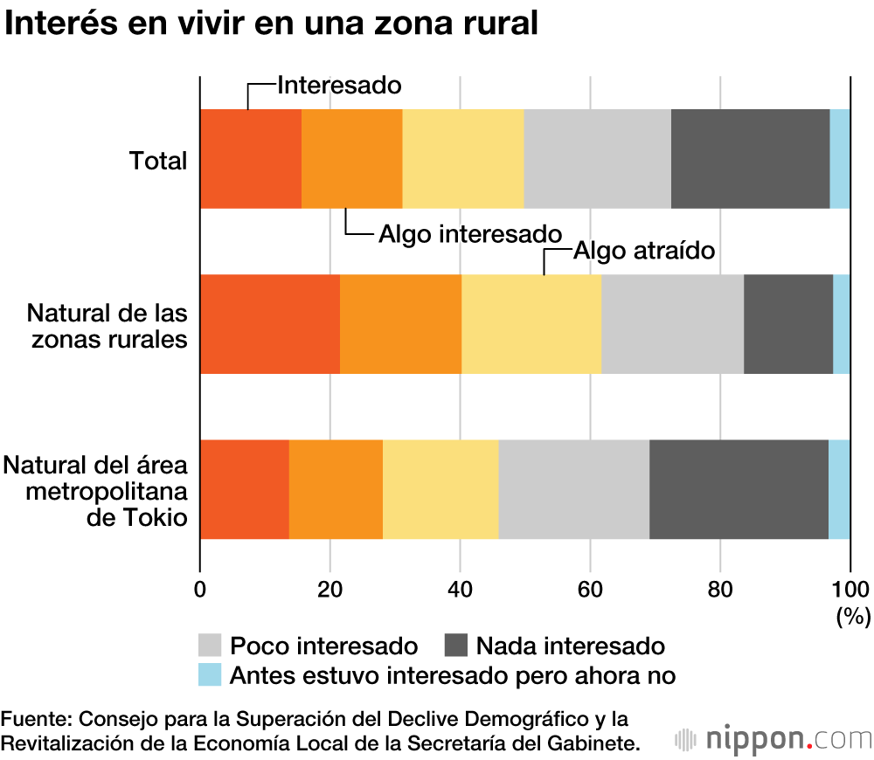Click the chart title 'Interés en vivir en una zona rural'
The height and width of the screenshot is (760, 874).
coord(271,24)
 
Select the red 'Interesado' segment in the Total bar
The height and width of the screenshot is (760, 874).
coord(251,159)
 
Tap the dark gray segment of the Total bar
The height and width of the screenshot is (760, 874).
coord(750,159)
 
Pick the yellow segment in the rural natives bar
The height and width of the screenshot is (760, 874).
coord(531,324)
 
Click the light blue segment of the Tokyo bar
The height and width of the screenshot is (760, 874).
coord(839,489)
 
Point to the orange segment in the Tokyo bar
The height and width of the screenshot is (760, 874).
coord(336,489)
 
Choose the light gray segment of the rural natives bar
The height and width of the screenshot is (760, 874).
coord(672,324)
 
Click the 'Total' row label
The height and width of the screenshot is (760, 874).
coord(158,161)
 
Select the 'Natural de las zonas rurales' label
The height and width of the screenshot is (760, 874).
coord(108,325)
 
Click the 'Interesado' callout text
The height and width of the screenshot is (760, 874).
coord(339,85)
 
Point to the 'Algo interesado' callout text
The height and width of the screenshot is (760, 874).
coord(468,234)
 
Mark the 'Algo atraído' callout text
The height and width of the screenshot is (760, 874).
coord(645,251)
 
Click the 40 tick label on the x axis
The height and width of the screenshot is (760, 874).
coord(460,587)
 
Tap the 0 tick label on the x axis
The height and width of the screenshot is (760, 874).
coord(200,587)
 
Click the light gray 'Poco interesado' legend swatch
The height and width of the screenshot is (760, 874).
coord(211,646)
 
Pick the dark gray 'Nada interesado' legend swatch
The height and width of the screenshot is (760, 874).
coord(456,646)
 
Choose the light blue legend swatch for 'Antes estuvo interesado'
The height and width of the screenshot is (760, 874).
coord(211,674)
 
